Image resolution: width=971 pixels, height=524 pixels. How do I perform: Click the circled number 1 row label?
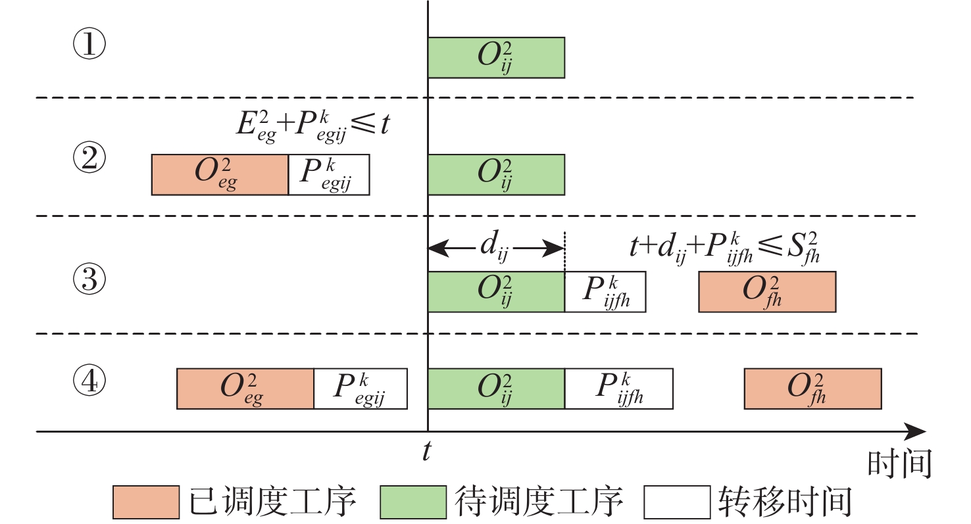89,45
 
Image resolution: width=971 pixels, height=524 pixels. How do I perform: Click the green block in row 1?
496,57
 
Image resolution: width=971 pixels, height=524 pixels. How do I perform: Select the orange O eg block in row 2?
220,175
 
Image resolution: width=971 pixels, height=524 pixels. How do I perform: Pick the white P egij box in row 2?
329,175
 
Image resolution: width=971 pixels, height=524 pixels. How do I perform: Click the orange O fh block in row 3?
767,292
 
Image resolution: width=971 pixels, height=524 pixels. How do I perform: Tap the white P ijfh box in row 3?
605,292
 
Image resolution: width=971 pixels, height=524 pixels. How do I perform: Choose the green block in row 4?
496,389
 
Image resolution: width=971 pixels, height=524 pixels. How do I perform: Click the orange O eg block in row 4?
245,389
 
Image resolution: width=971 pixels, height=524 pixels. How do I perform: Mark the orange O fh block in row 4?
812,389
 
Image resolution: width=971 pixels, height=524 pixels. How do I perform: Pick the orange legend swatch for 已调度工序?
146,502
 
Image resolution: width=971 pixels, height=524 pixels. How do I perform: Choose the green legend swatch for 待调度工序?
413,502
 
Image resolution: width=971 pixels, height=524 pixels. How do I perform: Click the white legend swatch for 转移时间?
677,502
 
